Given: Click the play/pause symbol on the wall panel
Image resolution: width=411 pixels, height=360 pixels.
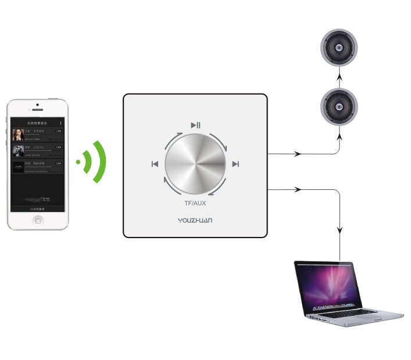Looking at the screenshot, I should (x=196, y=124).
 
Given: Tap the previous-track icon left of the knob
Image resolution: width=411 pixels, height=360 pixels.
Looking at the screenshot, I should (x=155, y=164).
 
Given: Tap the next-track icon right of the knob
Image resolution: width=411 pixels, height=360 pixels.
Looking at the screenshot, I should (x=235, y=164).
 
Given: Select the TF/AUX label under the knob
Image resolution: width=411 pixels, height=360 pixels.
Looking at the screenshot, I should (x=195, y=204).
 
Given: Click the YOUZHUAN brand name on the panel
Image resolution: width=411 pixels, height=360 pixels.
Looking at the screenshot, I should (x=195, y=220).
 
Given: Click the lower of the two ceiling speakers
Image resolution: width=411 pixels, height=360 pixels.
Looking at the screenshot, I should (x=339, y=106).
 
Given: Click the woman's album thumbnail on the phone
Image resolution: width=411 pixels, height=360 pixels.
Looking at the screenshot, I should (x=18, y=135).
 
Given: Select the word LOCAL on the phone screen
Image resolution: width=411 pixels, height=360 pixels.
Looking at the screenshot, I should (x=38, y=147).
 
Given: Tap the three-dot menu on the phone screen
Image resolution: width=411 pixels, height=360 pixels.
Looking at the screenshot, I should (x=60, y=123).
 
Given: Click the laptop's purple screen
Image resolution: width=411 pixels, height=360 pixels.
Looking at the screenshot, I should (x=329, y=285).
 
